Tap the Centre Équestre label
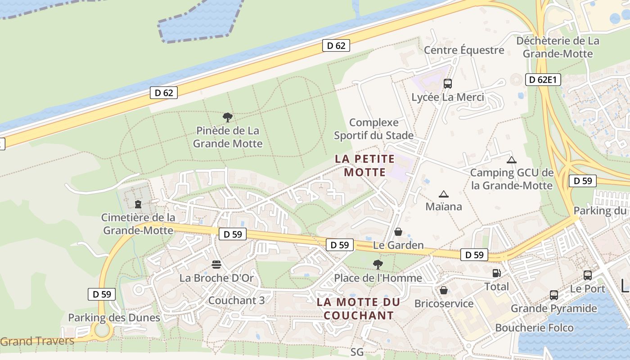[464, 50]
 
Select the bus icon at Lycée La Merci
[447, 83]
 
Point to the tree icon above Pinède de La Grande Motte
[228, 117]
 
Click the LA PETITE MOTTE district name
[365, 165]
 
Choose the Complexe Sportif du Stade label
[373, 129]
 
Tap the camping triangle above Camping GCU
[511, 160]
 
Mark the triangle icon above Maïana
[444, 194]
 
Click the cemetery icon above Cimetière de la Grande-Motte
[138, 204]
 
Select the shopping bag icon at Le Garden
[398, 232]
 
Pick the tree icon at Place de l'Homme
[378, 264]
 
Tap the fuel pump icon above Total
[496, 273]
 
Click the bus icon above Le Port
[587, 275]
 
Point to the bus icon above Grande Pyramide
[553, 295]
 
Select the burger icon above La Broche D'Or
[216, 264]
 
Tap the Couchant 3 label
[237, 300]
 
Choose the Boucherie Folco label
[534, 328]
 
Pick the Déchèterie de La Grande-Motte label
[558, 47]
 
